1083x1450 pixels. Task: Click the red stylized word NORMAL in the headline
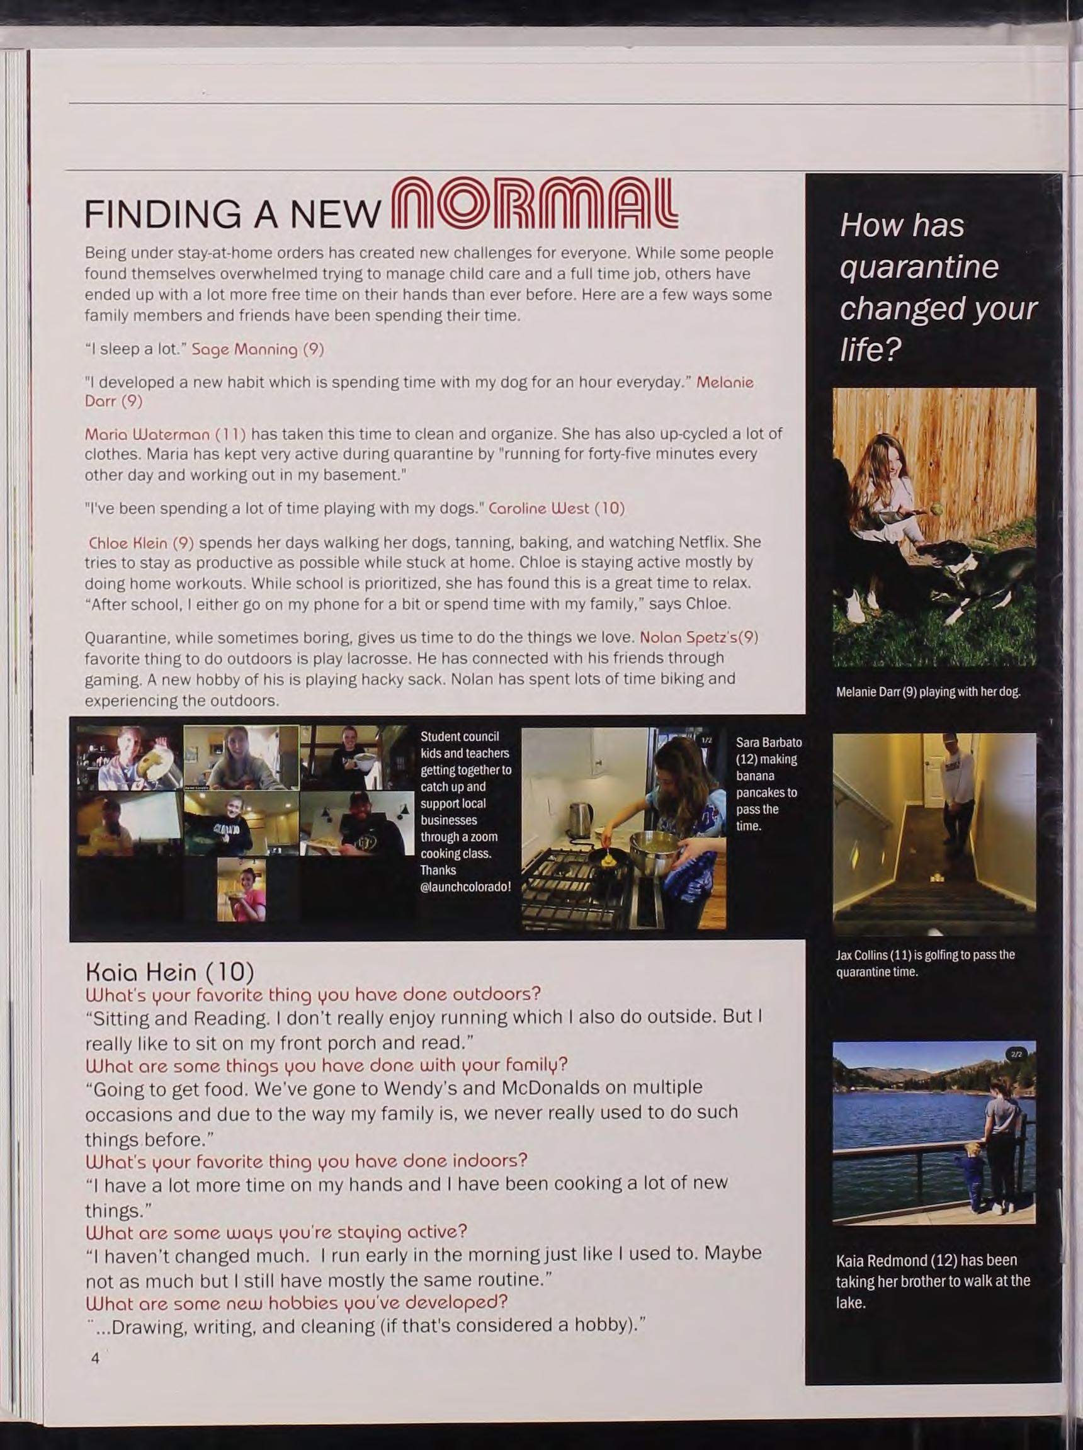click(534, 203)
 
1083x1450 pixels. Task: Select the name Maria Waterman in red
click(147, 434)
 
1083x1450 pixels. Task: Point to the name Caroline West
click(539, 509)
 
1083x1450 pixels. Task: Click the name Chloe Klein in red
click(128, 543)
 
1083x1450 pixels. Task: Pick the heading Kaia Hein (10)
click(170, 971)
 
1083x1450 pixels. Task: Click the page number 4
click(95, 1357)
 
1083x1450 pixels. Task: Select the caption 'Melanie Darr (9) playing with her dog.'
click(928, 691)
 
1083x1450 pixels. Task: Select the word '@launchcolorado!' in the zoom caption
click(465, 887)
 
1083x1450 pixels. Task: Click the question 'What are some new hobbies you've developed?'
click(297, 1301)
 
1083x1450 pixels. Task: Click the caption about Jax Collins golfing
click(925, 963)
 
